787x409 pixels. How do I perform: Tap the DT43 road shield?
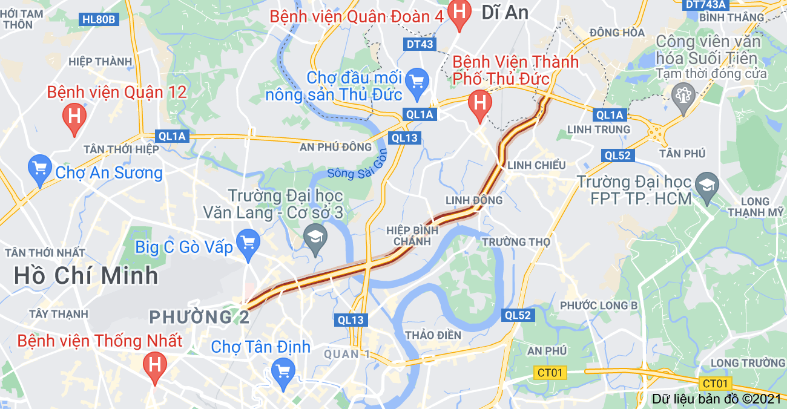point(420,44)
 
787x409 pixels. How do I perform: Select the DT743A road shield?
point(705,4)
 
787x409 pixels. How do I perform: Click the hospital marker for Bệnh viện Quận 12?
point(74,115)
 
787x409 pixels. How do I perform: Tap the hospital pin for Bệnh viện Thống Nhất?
point(155,365)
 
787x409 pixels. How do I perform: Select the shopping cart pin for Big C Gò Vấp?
point(248,243)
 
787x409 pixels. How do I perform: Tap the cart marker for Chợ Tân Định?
point(283,370)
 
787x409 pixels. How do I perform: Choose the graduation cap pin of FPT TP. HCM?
point(706,184)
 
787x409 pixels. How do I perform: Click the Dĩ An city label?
point(505,12)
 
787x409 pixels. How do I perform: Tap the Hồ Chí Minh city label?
point(86,276)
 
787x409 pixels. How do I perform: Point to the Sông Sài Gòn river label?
point(357,165)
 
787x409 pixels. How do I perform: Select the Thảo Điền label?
point(433,335)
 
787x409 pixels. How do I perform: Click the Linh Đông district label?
point(474,200)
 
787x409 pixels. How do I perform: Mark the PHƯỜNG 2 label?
point(199,316)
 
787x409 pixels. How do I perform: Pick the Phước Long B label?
point(599,306)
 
